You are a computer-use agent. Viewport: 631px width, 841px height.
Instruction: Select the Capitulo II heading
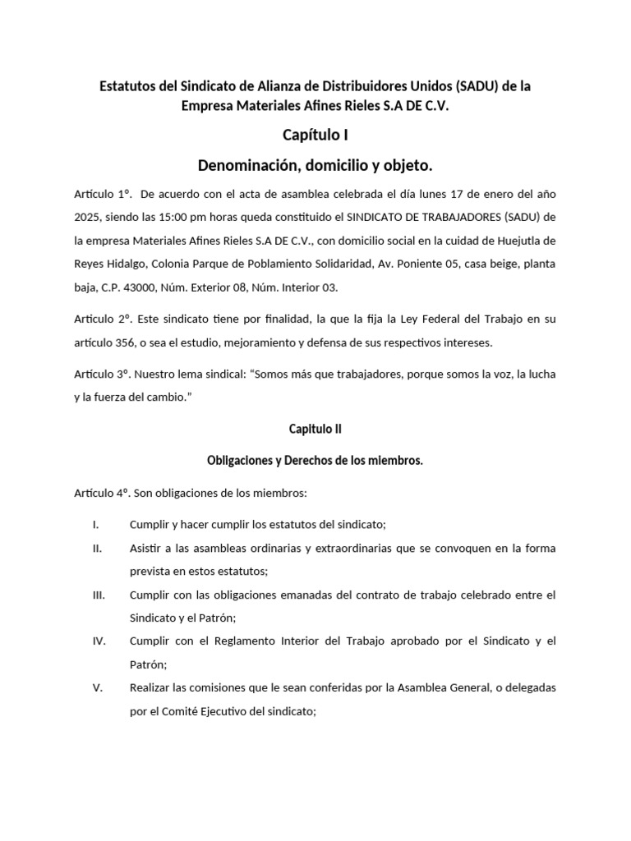point(315,428)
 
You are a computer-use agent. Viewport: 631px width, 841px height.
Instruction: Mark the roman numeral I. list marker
point(96,524)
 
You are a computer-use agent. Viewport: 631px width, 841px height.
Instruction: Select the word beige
point(490,264)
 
